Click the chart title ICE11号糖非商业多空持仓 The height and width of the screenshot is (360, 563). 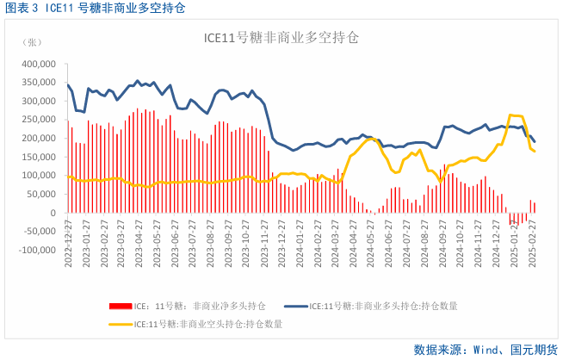(x=281, y=38)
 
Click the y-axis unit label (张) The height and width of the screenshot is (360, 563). (x=32, y=42)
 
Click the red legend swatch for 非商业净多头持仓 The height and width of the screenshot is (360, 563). (x=119, y=306)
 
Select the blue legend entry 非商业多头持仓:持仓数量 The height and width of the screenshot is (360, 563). (x=384, y=306)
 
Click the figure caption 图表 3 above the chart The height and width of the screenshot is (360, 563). (x=22, y=8)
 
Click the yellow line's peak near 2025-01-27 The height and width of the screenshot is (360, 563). (x=512, y=115)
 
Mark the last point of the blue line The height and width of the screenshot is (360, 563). (x=535, y=142)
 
